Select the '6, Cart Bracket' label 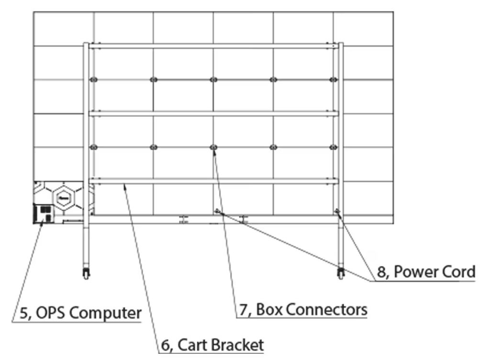[x=212, y=344]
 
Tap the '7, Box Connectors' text [x=303, y=309]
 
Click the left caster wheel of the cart [x=86, y=273]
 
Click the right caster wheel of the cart [x=341, y=273]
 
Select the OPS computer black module [x=42, y=213]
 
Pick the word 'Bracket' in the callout [x=237, y=344]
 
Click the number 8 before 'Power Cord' [x=381, y=272]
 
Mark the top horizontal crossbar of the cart [x=213, y=46]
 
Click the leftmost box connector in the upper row [x=93, y=79]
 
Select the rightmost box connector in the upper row [x=334, y=79]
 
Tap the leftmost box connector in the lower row [x=93, y=147]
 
